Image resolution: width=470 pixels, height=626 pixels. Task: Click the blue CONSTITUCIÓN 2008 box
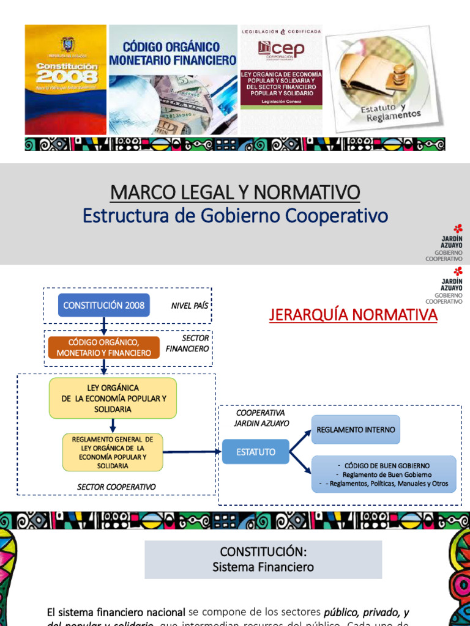pos(103,305)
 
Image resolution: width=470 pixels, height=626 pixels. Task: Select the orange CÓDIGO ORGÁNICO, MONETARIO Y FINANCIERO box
pos(103,348)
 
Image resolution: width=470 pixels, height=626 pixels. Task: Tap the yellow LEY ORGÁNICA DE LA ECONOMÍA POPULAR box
pos(113,398)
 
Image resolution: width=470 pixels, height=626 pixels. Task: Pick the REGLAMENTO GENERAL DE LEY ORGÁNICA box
pos(113,452)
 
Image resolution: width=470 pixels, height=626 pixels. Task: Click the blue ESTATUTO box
pos(255,452)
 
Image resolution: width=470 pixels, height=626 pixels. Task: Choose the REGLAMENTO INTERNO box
pos(356,429)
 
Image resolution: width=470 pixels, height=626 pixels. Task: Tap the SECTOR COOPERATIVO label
pos(116,487)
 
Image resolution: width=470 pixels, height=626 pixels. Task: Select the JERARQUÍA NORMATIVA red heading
pos(353,315)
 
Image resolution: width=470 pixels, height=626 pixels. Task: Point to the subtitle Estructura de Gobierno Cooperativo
pos(235,216)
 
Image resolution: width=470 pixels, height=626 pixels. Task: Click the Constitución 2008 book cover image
pos(65,79)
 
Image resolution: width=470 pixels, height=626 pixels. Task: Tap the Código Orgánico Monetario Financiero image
pos(173,79)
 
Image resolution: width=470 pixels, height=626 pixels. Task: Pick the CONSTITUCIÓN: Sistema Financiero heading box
pos(263,559)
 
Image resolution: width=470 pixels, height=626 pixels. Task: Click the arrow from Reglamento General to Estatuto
pos(192,452)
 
